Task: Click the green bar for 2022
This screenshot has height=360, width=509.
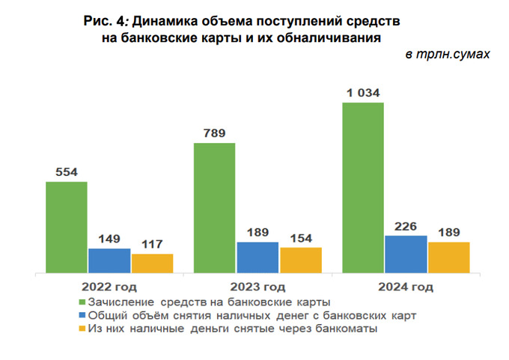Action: coord(66,227)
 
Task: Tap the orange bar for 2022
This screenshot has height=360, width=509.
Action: coord(152,263)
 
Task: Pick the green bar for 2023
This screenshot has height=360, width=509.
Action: coord(214,207)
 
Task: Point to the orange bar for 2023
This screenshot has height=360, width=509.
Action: coord(300,260)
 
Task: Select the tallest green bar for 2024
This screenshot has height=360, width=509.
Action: coord(363,187)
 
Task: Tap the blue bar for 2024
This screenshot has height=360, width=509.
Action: coord(406,254)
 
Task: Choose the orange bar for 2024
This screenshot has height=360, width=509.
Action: coord(449,257)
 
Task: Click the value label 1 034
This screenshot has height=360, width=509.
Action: coord(363,94)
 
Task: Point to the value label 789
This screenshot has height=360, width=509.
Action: coord(214,134)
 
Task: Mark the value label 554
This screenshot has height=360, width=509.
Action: coord(66,173)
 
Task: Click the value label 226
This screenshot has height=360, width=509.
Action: coord(406,226)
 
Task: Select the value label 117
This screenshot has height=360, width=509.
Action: coord(152,245)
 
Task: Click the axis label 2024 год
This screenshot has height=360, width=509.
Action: coord(406,287)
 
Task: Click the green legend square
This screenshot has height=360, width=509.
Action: coord(82,302)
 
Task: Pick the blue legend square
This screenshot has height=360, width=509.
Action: coord(82,315)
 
